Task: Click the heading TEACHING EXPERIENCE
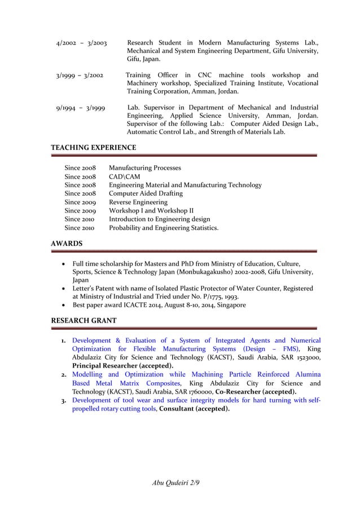(x=94, y=148)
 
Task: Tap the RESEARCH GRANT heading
(x=84, y=321)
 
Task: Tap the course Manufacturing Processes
(x=145, y=168)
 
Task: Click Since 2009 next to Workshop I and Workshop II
(x=80, y=211)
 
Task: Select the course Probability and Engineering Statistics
(x=164, y=228)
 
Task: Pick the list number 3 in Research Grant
(x=64, y=400)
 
